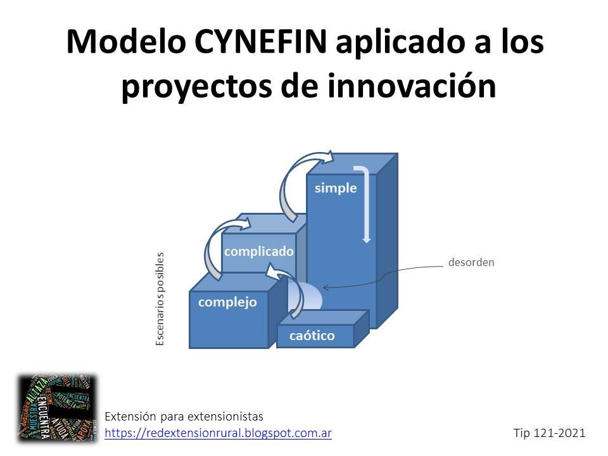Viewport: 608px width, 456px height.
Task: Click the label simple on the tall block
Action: coord(336,188)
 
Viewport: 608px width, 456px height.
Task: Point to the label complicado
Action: coord(259,251)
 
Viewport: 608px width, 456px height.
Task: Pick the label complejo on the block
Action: coord(227,302)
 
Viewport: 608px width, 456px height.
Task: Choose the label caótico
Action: coord(312,336)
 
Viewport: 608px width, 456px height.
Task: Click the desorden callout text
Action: coord(471,262)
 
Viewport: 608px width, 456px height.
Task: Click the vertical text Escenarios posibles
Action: coord(160,299)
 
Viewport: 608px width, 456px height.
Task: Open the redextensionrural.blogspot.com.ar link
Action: coord(218,433)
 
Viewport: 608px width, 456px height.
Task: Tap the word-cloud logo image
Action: coord(57,408)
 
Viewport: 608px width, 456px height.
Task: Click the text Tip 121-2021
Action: coord(549,433)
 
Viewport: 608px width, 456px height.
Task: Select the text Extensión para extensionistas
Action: coord(184,417)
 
